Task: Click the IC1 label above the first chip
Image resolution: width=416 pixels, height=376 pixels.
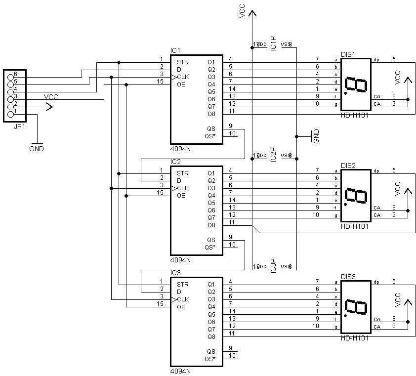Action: click(x=175, y=50)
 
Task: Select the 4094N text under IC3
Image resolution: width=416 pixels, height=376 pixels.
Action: click(x=180, y=371)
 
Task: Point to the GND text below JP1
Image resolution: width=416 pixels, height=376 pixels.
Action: click(x=36, y=148)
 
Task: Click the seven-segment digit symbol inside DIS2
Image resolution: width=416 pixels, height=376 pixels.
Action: click(x=356, y=196)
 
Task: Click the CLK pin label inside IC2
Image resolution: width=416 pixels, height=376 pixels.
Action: click(x=183, y=188)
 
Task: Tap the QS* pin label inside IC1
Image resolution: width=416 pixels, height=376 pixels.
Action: click(x=210, y=136)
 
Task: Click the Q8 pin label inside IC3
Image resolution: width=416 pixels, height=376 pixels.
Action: click(x=211, y=336)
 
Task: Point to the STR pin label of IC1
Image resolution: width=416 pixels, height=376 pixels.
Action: click(x=182, y=62)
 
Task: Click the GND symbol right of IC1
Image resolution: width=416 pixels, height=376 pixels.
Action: click(x=312, y=136)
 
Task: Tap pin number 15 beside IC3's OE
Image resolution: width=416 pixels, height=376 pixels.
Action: click(x=160, y=304)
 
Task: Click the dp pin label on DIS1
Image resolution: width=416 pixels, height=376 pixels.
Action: click(x=376, y=59)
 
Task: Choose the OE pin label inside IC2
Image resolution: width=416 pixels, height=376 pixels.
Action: click(x=181, y=196)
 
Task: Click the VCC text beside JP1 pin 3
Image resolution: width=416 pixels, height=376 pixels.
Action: click(x=51, y=97)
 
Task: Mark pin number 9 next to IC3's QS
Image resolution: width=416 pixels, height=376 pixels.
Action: click(x=230, y=348)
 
